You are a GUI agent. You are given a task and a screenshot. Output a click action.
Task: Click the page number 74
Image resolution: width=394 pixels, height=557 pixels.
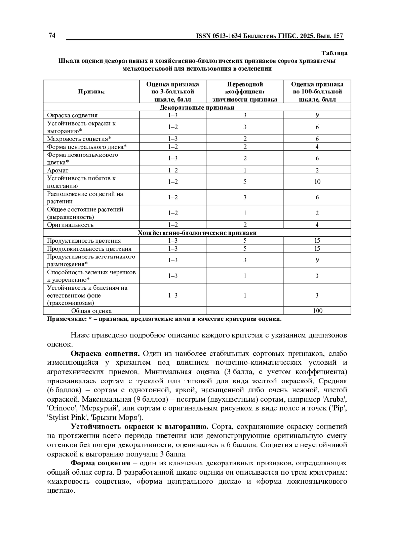(x=52, y=36)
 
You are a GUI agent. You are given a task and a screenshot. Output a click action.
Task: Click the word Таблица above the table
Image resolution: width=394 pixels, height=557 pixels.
(x=334, y=53)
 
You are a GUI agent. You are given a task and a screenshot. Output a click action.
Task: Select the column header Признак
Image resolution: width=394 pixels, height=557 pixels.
(x=91, y=92)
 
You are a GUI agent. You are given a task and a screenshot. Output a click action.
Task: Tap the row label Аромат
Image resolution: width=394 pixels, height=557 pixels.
(x=57, y=170)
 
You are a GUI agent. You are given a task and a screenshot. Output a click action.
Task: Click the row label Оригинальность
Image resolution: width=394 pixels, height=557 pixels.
(x=70, y=225)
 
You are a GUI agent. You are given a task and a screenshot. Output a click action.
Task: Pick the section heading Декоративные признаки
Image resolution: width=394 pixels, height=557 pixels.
(x=197, y=107)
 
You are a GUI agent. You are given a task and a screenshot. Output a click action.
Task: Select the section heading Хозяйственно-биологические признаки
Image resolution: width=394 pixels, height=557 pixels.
(x=197, y=233)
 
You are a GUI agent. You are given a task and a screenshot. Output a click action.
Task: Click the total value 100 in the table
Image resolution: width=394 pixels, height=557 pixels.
(x=317, y=311)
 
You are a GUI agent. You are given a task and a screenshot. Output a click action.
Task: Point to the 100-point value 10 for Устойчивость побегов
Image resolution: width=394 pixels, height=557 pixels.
(x=317, y=182)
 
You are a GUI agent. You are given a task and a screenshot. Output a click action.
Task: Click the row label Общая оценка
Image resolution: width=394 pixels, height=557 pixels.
(x=91, y=311)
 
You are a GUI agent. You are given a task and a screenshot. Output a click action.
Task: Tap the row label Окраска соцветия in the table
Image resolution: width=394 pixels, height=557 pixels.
(x=72, y=115)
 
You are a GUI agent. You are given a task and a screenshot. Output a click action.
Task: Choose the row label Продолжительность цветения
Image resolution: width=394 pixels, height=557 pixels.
(x=89, y=249)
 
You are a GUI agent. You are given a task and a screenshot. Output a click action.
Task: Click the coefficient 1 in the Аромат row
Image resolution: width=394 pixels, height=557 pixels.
(x=245, y=170)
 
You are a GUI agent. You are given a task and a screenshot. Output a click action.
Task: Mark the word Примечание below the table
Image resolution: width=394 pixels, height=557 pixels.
(x=66, y=319)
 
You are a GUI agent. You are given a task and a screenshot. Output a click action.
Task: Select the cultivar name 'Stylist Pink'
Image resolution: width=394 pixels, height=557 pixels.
(x=65, y=418)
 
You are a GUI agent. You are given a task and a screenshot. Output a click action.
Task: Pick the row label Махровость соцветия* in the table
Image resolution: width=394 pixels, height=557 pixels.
(x=79, y=139)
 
